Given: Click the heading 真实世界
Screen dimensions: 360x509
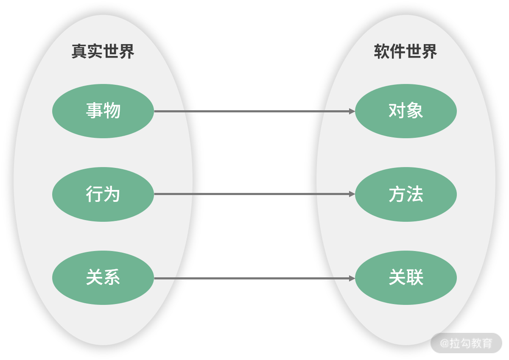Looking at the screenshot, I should coord(103,52).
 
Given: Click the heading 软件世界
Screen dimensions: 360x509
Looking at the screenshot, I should coord(405,52).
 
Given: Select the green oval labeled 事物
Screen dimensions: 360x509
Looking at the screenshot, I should coord(103,111).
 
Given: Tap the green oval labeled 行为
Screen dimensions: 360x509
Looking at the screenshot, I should coord(103,194).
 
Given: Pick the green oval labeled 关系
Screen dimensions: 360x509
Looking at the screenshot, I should coord(103,278).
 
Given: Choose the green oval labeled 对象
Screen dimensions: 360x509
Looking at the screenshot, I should coord(406,111).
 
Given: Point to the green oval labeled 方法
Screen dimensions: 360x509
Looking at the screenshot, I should coord(406,194).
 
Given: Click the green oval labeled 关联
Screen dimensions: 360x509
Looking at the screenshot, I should coord(406,278).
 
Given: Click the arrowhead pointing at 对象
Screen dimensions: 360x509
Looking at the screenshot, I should coord(352,111).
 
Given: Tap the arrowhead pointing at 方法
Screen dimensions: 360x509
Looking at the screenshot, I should coord(352,194).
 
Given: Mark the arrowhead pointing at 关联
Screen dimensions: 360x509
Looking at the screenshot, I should coord(352,278).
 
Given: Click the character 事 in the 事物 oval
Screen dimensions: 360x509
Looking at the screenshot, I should coord(94,111).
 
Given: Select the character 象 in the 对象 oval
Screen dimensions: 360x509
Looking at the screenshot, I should coord(415,111).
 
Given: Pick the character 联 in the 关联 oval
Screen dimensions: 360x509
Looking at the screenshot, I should coord(415,278).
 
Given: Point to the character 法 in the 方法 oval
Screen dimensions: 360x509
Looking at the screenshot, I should coord(415,194).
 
